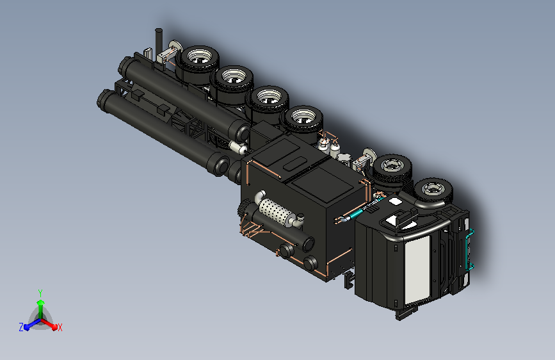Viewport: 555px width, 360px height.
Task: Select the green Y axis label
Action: pyautogui.click(x=40, y=293)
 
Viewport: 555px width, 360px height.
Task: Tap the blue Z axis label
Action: pyautogui.click(x=21, y=327)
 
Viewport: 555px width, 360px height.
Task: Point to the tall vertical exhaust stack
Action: pyautogui.click(x=159, y=44)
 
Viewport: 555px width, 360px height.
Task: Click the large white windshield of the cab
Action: pyautogui.click(x=417, y=269)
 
